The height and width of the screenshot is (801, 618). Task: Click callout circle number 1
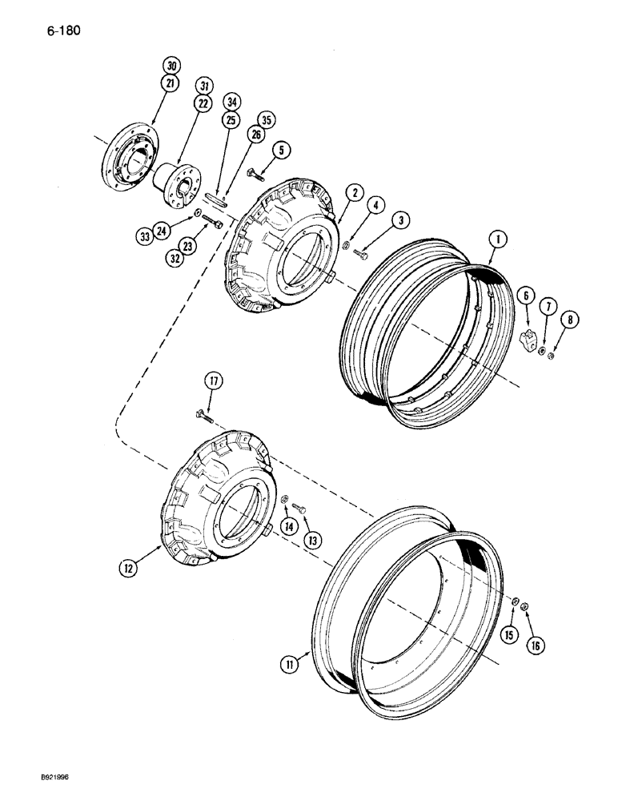tap(497, 239)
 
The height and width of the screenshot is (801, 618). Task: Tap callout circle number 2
tap(353, 193)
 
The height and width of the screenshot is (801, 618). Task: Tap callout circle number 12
tap(126, 568)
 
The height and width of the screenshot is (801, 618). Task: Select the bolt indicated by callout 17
tap(201, 414)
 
